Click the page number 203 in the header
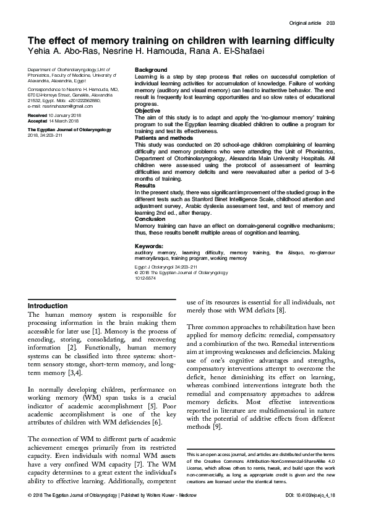pos(330,24)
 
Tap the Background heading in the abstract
pos(151,69)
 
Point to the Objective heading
pos(149,111)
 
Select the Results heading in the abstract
pos(145,185)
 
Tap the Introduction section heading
pos(48,306)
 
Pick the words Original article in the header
pos(305,24)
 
